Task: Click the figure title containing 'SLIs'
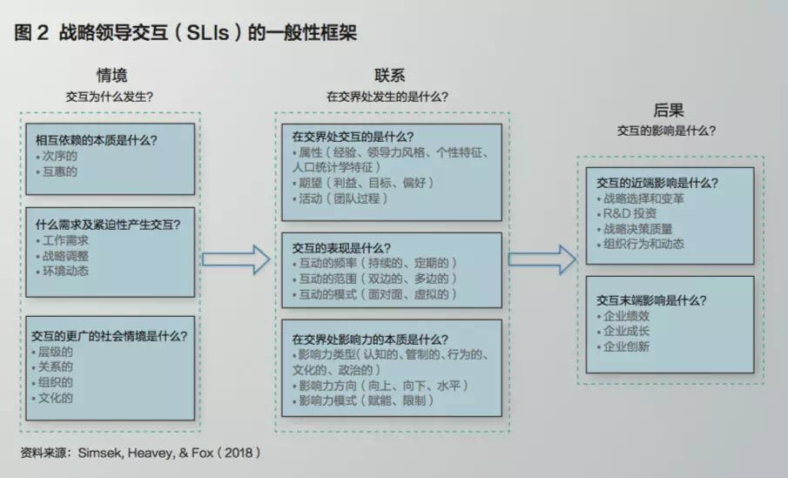pyautogui.click(x=186, y=33)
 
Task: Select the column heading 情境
pyautogui.click(x=118, y=76)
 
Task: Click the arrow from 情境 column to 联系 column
pyautogui.click(x=236, y=259)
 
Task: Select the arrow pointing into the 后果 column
pyautogui.click(x=542, y=259)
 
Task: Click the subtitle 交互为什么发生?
pyautogui.click(x=117, y=97)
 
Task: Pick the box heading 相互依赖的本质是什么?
pyautogui.click(x=102, y=139)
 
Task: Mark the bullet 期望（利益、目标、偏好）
pyautogui.click(x=365, y=183)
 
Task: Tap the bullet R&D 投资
pyautogui.click(x=628, y=213)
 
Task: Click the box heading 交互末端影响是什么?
pyautogui.click(x=651, y=300)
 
